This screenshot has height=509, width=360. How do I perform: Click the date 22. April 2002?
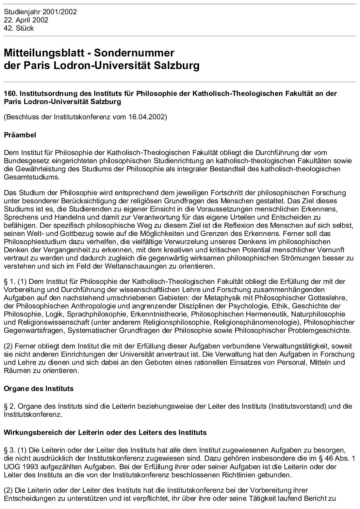(26, 20)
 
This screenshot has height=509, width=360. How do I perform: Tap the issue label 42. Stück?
(19, 28)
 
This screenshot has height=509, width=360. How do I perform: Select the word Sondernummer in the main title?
(134, 53)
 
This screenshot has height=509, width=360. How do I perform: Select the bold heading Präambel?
(20, 135)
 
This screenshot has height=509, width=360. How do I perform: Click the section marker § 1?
(10, 282)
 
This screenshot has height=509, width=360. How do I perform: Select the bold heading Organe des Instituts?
(38, 388)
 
